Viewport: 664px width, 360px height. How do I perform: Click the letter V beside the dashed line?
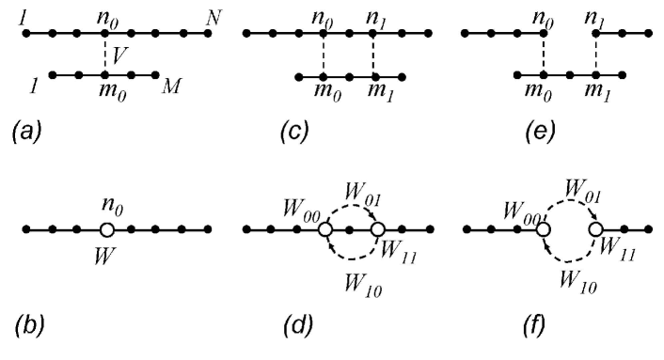coord(119,56)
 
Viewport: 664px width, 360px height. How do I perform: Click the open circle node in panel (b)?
coord(107,229)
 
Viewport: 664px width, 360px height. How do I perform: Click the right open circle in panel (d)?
coord(377,229)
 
